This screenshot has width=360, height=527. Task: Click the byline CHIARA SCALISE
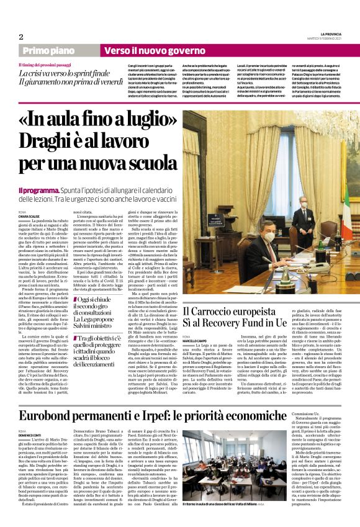coord(29,216)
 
